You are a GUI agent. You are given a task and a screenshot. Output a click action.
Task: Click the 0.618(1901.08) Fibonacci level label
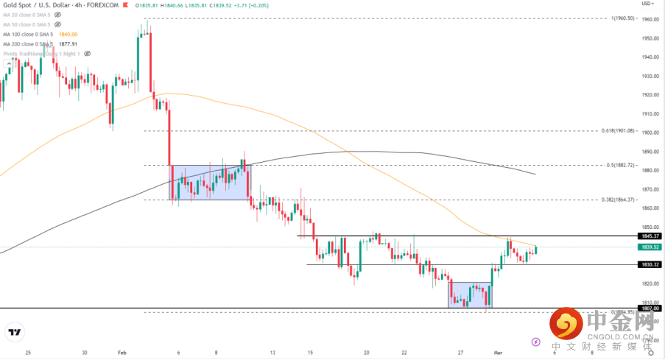click(x=619, y=130)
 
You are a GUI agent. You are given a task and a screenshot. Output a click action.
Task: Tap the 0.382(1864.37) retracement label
click(x=619, y=200)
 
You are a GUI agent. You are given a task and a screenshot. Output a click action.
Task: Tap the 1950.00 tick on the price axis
click(x=649, y=38)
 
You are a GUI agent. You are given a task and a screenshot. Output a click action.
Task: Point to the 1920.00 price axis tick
click(x=649, y=95)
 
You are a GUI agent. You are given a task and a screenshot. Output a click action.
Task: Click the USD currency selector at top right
click(x=647, y=4)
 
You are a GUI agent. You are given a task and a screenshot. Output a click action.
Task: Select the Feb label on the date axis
click(x=123, y=353)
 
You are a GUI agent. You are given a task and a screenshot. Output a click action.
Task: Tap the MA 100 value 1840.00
click(x=68, y=34)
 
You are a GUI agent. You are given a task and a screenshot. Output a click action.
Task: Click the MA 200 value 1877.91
click(x=68, y=43)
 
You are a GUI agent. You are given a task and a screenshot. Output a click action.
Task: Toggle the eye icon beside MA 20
click(x=58, y=15)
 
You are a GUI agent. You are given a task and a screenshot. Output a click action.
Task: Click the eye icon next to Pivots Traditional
click(x=87, y=53)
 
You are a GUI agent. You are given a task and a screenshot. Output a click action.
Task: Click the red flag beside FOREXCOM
click(x=124, y=5)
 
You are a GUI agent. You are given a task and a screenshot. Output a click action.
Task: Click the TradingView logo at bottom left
click(x=14, y=333)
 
